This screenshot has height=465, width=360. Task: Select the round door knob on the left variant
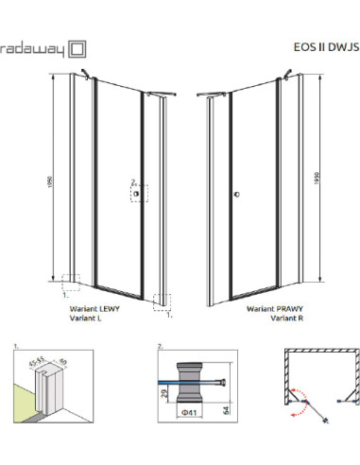[138, 196]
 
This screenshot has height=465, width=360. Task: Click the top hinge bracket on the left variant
[88, 72]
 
